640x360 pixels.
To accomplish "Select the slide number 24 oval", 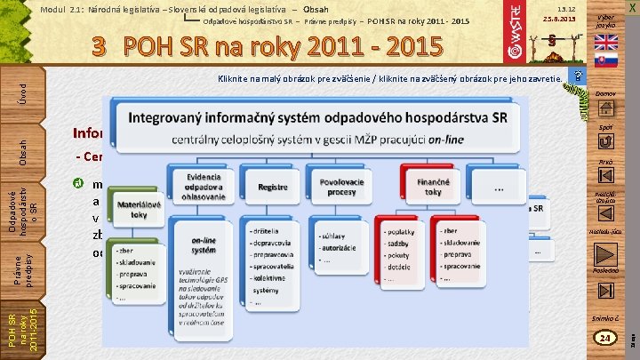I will (x=606, y=338).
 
